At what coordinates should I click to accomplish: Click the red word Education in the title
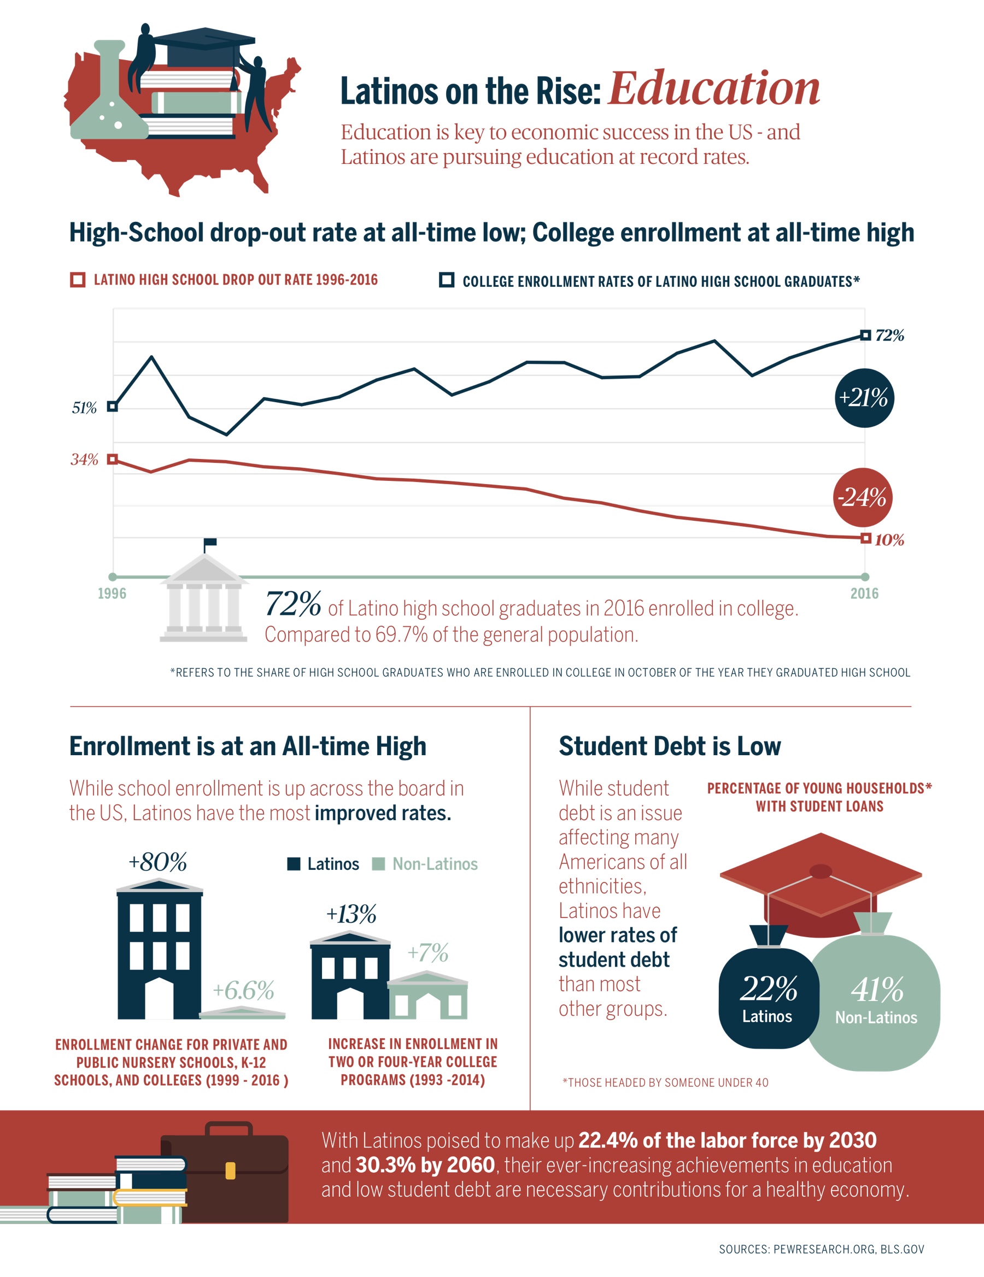click(x=714, y=89)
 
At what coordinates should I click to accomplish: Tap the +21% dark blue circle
click(x=864, y=398)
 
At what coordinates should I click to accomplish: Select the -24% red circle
click(x=862, y=498)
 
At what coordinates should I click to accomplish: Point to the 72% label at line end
click(x=890, y=335)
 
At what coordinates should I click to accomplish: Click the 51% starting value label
click(x=84, y=408)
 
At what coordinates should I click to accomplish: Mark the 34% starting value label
click(x=84, y=459)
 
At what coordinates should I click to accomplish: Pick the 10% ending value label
click(x=889, y=540)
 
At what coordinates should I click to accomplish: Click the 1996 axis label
click(x=112, y=593)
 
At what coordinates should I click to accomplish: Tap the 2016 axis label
click(x=865, y=593)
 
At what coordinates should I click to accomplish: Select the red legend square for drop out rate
click(x=78, y=279)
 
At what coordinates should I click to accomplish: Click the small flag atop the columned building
click(x=210, y=543)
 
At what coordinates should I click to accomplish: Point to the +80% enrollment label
click(x=158, y=861)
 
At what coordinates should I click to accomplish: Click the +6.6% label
click(x=243, y=990)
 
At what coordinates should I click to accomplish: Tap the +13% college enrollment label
click(x=351, y=913)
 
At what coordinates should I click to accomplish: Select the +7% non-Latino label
click(x=428, y=952)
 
